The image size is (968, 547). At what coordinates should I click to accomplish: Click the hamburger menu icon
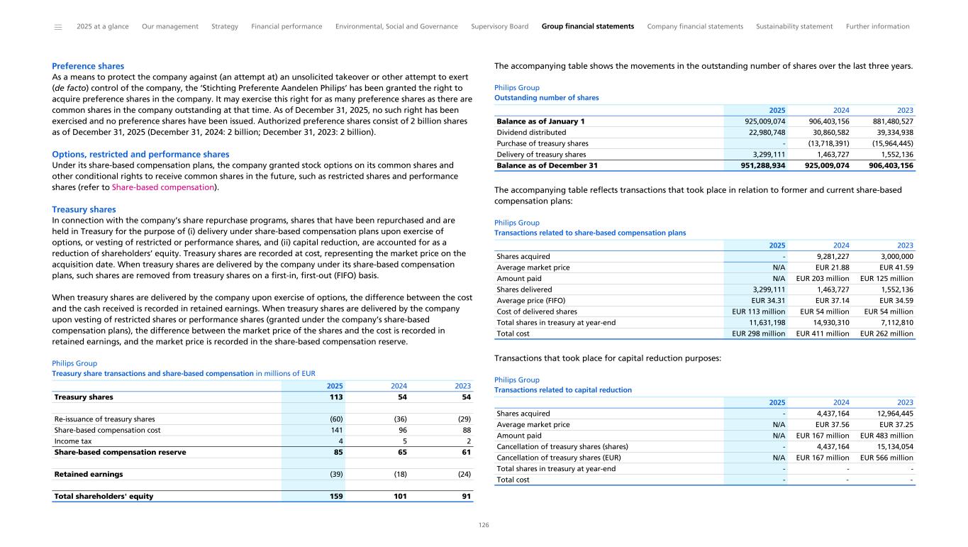[x=58, y=27]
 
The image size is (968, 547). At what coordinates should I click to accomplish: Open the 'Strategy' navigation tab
[x=225, y=26]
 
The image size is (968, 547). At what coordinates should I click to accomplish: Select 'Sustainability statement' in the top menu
[x=794, y=26]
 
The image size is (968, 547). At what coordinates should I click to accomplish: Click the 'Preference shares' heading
[x=88, y=66]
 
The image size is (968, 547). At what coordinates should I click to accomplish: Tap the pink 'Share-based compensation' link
[x=163, y=187]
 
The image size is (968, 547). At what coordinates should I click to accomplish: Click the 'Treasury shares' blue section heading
[x=84, y=209]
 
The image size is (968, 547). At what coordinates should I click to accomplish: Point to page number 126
[x=484, y=525]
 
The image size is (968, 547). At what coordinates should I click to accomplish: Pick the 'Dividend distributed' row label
[x=531, y=132]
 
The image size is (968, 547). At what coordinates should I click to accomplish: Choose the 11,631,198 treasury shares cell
[x=762, y=321]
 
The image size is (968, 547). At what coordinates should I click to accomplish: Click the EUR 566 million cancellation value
[x=886, y=458]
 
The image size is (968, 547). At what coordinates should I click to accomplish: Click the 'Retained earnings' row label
[x=89, y=474]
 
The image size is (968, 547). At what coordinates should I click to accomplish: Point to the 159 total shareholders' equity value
[x=336, y=496]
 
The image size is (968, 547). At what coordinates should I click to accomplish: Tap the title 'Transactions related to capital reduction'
[x=562, y=390]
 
